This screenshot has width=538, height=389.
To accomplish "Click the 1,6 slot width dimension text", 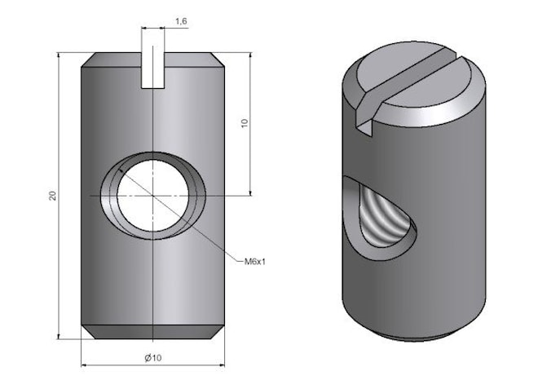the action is (x=181, y=21).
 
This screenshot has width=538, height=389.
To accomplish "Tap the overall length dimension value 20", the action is (x=52, y=196).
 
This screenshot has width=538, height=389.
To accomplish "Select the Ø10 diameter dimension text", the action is (x=153, y=358).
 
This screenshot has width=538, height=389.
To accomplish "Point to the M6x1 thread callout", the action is (x=255, y=262).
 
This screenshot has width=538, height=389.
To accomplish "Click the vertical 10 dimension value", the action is (x=245, y=123).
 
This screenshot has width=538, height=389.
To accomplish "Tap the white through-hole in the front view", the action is (x=153, y=196).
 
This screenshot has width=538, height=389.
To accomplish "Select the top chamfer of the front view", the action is (x=153, y=60).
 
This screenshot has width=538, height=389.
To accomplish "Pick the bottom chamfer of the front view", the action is (x=153, y=332).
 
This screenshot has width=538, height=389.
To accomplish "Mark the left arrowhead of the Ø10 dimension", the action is (x=83, y=365).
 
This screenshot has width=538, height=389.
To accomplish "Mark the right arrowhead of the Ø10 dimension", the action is (x=223, y=365).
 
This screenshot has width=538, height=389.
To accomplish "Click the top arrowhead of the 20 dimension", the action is (x=59, y=55).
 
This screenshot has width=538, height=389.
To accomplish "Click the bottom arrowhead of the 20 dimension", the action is (x=59, y=337).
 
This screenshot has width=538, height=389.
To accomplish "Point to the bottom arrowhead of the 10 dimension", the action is (x=250, y=193).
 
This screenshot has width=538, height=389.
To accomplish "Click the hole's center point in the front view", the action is (x=153, y=196).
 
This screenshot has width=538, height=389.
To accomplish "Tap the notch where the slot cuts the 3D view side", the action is (x=364, y=124).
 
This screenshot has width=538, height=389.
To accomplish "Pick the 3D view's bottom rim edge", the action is (x=414, y=339).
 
